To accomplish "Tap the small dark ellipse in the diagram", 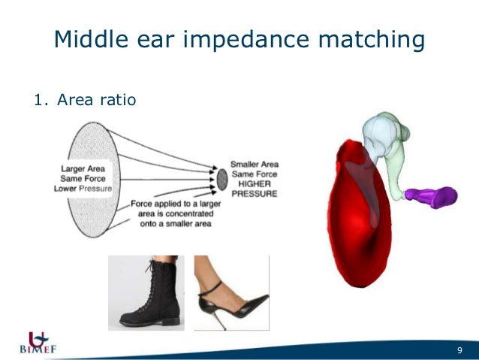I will click(x=222, y=178).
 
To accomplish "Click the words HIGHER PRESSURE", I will click(x=253, y=188).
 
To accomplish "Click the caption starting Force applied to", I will click(x=173, y=213).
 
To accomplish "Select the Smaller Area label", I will click(x=254, y=164).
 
